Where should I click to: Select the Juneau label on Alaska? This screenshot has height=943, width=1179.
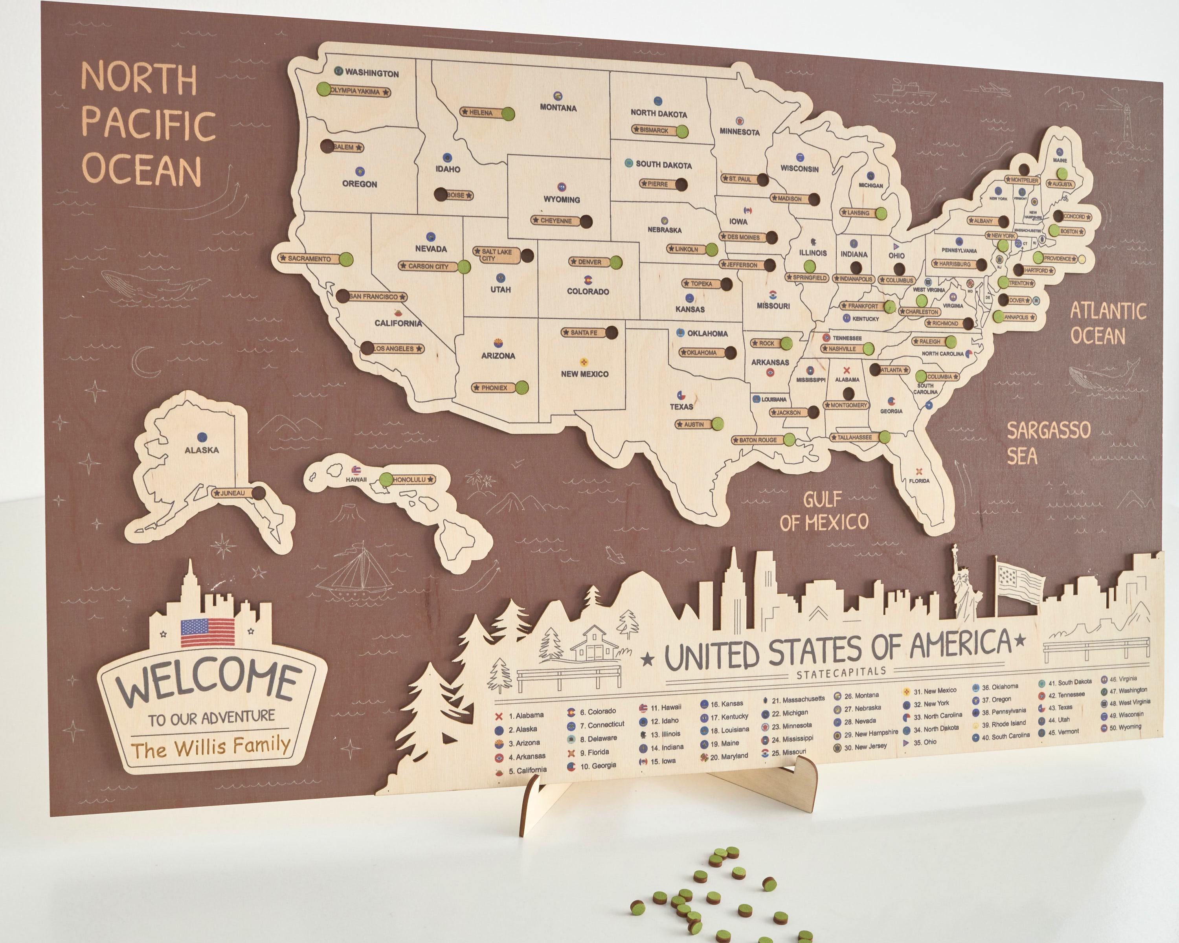[x=232, y=493]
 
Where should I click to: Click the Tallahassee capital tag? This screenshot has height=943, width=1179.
[x=854, y=437]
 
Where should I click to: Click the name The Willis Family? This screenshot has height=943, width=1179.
[x=211, y=747]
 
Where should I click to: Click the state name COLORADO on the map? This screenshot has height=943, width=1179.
[x=588, y=292]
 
